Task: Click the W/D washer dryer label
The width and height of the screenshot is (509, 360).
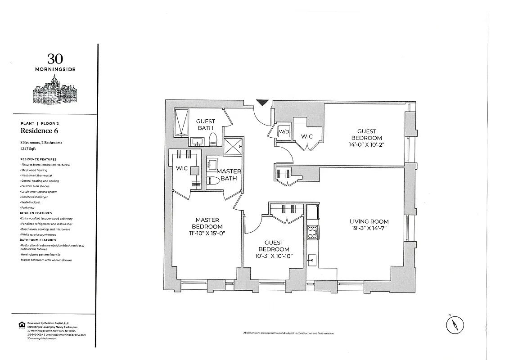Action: pyautogui.click(x=284, y=131)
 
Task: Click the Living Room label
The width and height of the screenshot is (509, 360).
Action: pyautogui.click(x=369, y=221)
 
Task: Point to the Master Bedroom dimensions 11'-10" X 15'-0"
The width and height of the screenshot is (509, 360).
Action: pyautogui.click(x=207, y=233)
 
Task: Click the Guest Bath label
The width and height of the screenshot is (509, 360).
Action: pyautogui.click(x=206, y=125)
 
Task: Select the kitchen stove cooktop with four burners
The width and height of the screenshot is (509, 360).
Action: pyautogui.click(x=312, y=232)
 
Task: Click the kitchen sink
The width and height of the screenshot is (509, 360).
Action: pyautogui.click(x=312, y=260)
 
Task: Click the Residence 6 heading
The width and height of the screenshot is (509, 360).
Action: pyautogui.click(x=39, y=131)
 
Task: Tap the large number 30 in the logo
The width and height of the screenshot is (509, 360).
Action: pyautogui.click(x=55, y=58)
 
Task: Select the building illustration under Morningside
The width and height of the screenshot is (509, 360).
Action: pyautogui.click(x=55, y=92)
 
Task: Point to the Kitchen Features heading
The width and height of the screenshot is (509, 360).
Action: pyautogui.click(x=36, y=213)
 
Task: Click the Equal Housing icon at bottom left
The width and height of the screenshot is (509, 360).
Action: pyautogui.click(x=21, y=324)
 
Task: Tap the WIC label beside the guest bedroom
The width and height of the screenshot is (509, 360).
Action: pyautogui.click(x=307, y=136)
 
